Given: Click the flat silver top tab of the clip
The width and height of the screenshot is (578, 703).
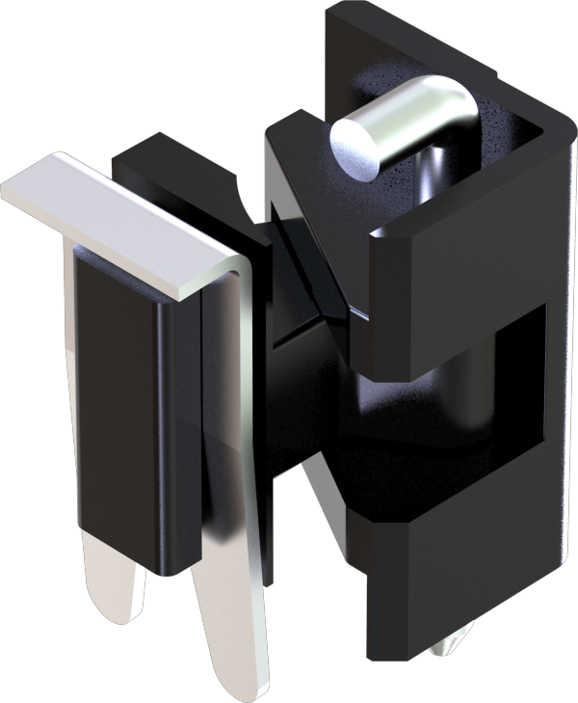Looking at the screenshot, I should pyautogui.click(x=116, y=217).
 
